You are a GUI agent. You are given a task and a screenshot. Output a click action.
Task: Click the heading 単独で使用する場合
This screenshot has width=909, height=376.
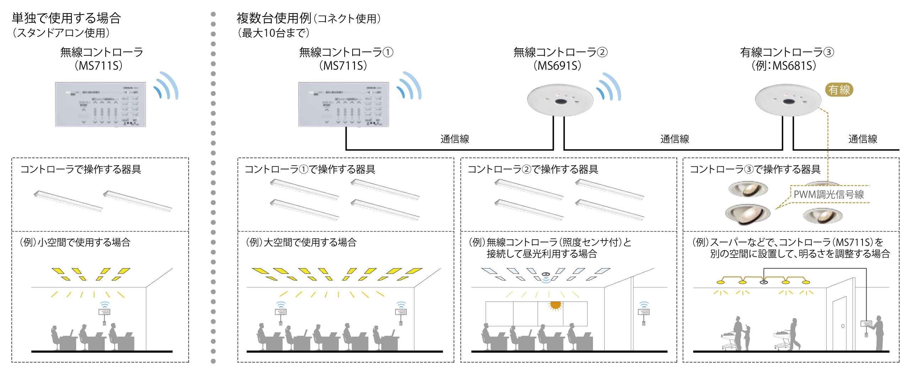(x=66, y=18)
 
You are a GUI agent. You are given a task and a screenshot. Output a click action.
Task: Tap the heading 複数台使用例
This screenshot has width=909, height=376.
(x=274, y=18)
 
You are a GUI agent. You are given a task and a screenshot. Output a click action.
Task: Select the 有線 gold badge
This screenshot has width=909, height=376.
(x=839, y=90)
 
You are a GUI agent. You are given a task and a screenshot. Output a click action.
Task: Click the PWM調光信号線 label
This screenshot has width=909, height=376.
(x=829, y=194)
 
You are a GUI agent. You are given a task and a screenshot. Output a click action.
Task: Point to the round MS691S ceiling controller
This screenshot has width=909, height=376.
(x=560, y=100)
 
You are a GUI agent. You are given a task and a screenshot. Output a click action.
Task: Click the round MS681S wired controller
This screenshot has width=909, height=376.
(x=788, y=100)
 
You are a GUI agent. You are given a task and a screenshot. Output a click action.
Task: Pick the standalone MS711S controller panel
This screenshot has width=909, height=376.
(x=100, y=104)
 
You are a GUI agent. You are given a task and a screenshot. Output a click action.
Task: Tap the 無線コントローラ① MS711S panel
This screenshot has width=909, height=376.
(x=343, y=104)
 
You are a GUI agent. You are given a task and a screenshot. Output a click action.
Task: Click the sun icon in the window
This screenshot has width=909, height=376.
(x=555, y=305)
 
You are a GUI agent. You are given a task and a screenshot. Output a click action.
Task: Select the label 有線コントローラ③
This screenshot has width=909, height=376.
(x=787, y=52)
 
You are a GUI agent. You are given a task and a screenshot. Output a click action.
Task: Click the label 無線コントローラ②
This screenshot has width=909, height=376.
(x=560, y=52)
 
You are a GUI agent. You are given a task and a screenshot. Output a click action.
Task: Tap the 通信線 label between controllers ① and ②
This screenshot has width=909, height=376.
(x=454, y=139)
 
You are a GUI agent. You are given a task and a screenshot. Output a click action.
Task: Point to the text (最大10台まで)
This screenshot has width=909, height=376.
(x=273, y=33)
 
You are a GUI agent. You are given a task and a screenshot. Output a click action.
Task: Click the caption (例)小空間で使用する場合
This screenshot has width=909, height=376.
(x=76, y=242)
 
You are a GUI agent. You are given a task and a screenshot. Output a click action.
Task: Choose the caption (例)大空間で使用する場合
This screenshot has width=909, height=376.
(x=301, y=242)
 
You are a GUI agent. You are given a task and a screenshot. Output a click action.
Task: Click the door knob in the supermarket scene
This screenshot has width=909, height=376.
(x=843, y=326)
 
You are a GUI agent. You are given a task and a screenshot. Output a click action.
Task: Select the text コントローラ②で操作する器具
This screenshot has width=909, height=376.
(x=533, y=169)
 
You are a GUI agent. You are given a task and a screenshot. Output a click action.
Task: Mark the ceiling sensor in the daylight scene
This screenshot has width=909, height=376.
(x=546, y=274)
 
